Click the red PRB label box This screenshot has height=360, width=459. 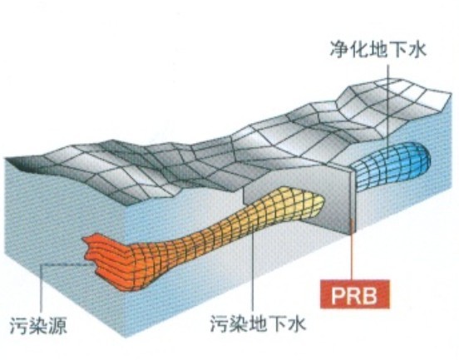355,294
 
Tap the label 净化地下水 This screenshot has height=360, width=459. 378,49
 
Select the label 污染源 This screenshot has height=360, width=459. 38,325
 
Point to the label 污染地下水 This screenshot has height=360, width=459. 258,323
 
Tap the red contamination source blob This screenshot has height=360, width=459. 106,258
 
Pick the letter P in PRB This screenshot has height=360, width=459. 338,294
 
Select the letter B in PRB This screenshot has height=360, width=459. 371,294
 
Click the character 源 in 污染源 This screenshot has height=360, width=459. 57,325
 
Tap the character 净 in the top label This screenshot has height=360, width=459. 339,49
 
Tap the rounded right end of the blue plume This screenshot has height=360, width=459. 426,157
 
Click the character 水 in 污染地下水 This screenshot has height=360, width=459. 297,323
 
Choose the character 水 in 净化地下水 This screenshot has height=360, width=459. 417,49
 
